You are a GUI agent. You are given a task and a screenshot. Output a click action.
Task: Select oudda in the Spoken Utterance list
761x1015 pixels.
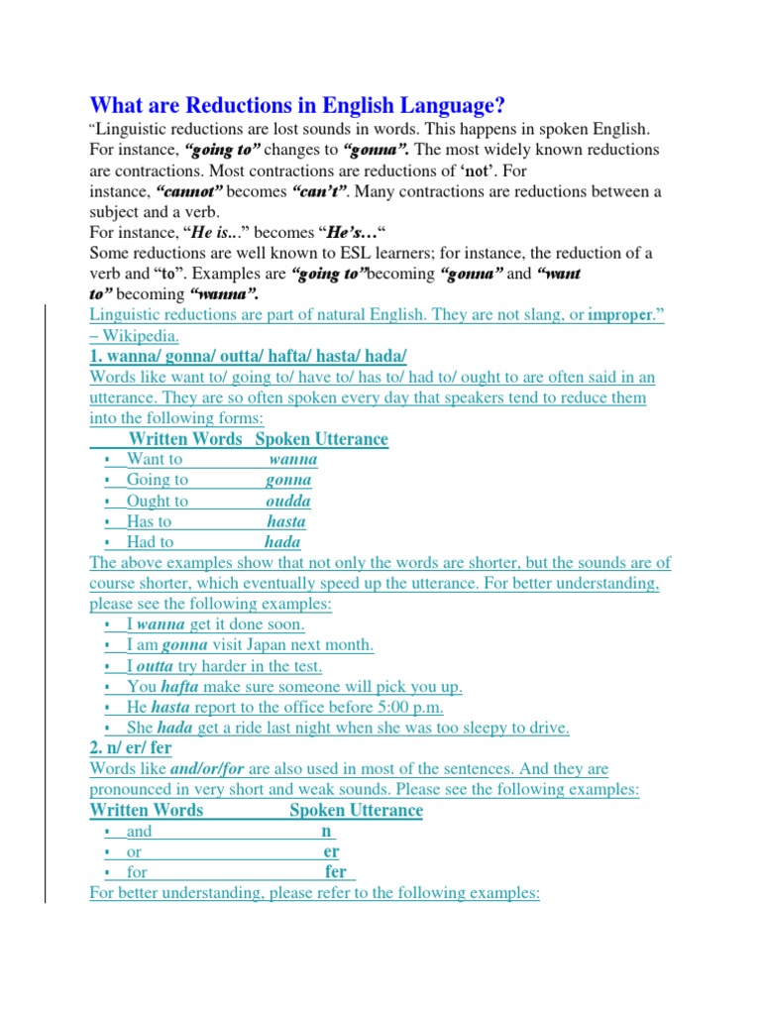[288, 501]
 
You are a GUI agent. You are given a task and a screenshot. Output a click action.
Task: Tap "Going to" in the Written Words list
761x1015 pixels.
[157, 480]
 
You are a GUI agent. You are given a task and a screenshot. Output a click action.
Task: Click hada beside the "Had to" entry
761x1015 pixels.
[282, 542]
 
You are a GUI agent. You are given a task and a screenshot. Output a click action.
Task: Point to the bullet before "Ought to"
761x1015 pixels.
[106, 502]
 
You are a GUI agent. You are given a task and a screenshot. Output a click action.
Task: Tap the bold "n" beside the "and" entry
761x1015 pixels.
[325, 832]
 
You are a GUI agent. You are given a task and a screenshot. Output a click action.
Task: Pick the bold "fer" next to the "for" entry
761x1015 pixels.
[336, 872]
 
